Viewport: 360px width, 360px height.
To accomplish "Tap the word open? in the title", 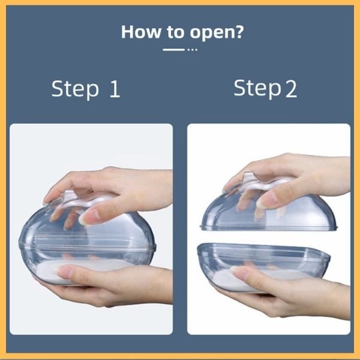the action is (x=217, y=33).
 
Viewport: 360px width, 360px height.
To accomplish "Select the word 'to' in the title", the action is (x=175, y=32).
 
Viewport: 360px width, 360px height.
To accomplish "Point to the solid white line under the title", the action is (x=173, y=50).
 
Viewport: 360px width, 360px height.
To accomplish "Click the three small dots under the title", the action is (x=193, y=50).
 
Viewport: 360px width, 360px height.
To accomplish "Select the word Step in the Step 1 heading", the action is (x=75, y=89).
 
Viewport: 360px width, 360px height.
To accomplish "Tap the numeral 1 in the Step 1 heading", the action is (x=115, y=89).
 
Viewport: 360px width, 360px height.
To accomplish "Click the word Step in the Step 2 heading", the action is (x=257, y=88).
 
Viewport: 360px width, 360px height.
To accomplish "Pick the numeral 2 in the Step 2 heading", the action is (x=291, y=89).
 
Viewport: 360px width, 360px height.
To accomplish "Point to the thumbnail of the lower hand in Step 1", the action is (x=65, y=272).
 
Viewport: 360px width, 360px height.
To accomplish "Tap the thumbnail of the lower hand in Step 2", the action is (x=241, y=272).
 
